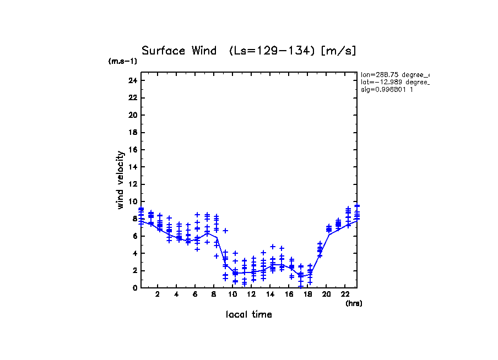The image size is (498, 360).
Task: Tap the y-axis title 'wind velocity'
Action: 120,180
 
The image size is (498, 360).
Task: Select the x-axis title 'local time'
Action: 248,315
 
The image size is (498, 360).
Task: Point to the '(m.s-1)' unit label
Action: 123,62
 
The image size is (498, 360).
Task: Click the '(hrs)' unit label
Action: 354,303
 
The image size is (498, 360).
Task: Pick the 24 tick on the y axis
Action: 133,80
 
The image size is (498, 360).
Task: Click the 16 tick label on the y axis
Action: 133,150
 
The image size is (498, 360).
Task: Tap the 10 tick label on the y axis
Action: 133,201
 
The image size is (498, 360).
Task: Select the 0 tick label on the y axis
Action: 135,288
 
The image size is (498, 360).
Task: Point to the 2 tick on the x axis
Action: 158,294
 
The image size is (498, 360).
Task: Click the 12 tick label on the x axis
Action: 251,294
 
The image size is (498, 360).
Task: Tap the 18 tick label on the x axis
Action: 308,294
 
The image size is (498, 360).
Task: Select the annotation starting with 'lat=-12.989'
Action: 394,81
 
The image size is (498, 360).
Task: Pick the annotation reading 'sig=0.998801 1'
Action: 387,89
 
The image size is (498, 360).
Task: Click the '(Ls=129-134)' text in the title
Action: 272,51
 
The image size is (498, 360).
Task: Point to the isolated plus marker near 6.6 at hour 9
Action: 225,231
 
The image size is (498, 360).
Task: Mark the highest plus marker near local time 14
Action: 272,247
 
